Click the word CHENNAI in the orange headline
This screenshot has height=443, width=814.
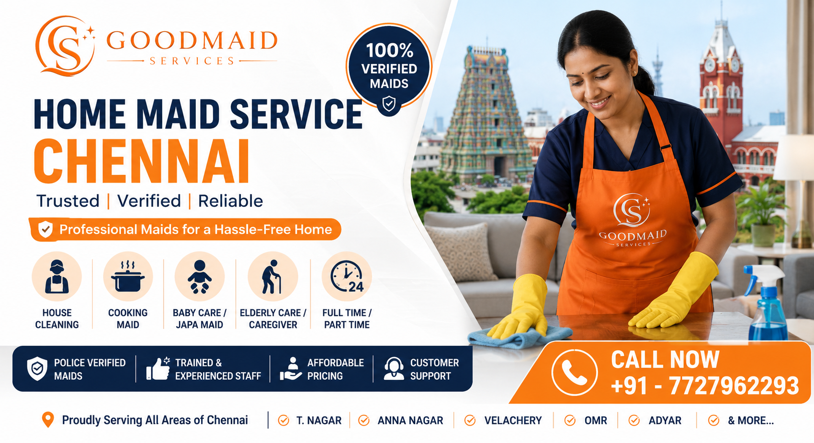click(142, 161)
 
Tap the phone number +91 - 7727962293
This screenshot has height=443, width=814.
click(705, 386)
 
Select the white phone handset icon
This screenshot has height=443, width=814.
click(574, 373)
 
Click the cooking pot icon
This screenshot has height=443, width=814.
click(127, 276)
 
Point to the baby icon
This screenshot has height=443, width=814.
click(200, 276)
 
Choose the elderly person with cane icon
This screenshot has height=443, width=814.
click(272, 276)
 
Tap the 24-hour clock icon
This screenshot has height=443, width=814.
click(347, 276)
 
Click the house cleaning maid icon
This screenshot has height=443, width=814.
click(57, 276)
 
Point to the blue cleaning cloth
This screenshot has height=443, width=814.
click(520, 337)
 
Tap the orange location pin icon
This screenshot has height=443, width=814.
click(47, 420)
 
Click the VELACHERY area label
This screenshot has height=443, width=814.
click(513, 420)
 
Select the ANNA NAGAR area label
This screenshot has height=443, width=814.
click(410, 420)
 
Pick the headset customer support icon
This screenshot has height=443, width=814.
click(394, 368)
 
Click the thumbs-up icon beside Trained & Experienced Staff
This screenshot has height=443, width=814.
click(158, 368)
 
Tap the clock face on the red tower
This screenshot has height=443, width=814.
click(709, 66)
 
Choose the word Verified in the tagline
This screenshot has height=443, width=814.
click(149, 201)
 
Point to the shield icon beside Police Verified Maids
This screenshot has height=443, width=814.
click(37, 368)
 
